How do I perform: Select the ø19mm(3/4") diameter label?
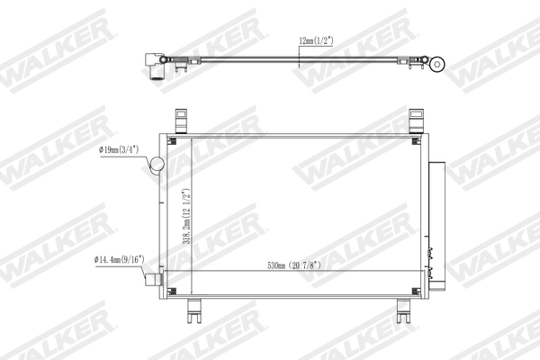(123, 151)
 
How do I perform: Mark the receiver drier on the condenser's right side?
(436, 220)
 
